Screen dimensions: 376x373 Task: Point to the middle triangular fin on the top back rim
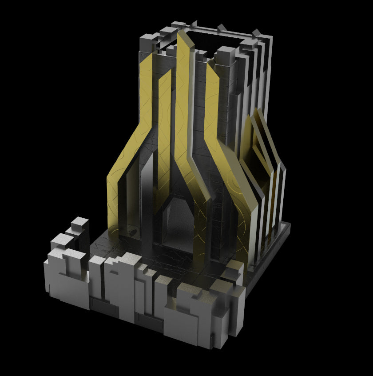(x=221, y=28)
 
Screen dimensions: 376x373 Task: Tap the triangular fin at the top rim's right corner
(x=256, y=32)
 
